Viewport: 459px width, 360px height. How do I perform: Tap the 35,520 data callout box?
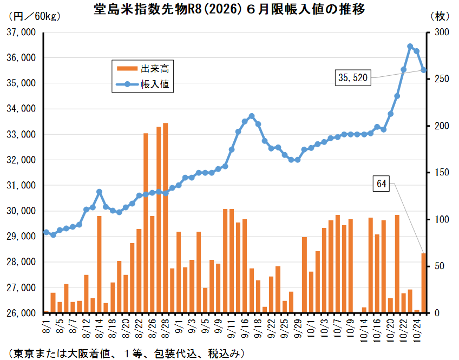coord(353,78)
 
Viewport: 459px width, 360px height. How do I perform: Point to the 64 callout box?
coord(382,184)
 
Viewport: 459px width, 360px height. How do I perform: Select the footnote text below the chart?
coord(124,353)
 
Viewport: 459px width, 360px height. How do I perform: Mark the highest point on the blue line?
coord(410,47)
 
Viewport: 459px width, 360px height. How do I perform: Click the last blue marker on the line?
coord(423,70)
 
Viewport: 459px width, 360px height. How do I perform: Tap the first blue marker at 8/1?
coord(47,232)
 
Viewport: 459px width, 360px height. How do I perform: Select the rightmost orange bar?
coord(423,283)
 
